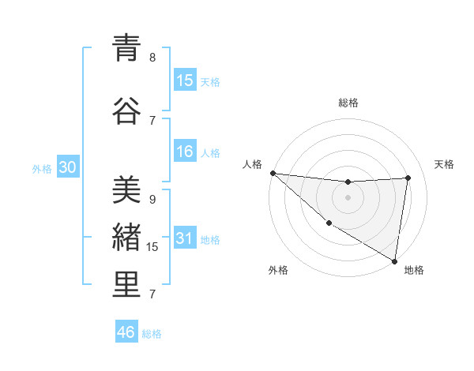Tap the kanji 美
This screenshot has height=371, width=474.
tap(126, 190)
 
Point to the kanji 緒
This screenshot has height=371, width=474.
tap(126, 238)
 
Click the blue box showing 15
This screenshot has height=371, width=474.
tap(185, 81)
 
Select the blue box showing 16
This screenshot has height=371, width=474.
tap(185, 152)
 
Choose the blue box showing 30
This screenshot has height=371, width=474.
tap(67, 168)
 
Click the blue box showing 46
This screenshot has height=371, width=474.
tap(126, 332)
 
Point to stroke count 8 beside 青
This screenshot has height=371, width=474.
tap(152, 57)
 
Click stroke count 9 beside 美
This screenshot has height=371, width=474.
tap(152, 199)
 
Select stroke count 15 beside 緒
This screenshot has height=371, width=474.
tap(153, 246)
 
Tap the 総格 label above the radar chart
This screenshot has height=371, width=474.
tap(348, 103)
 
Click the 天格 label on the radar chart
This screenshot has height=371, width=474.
tap(445, 164)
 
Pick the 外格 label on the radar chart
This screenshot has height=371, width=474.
tap(277, 270)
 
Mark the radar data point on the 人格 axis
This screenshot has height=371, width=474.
tap(273, 173)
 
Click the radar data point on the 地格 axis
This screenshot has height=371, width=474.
tap(395, 260)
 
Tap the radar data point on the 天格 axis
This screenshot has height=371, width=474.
tap(408, 178)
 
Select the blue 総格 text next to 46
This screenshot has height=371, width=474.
tap(152, 334)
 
